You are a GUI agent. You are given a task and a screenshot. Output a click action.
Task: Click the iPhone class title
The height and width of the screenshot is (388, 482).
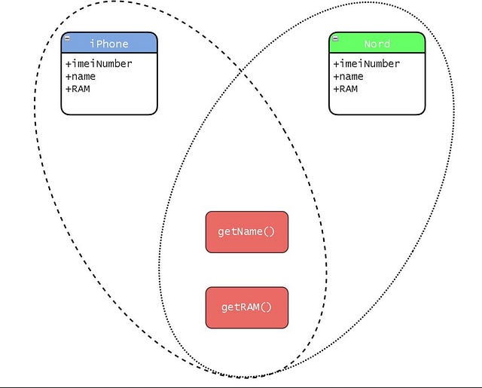tap(109, 44)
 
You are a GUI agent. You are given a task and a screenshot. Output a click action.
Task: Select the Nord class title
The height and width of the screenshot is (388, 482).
tap(377, 44)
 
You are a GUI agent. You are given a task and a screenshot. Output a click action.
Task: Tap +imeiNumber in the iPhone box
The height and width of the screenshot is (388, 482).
tap(99, 64)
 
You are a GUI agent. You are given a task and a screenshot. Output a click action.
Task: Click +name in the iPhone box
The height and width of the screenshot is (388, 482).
tap(81, 77)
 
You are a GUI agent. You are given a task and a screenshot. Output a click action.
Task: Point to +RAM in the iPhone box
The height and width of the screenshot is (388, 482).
tap(78, 89)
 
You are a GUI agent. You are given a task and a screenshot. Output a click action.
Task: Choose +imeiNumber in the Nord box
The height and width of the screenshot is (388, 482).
tap(367, 64)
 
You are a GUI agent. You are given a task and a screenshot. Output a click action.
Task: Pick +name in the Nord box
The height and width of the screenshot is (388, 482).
tap(349, 77)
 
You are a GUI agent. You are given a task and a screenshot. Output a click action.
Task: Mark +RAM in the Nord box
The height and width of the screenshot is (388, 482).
tap(346, 89)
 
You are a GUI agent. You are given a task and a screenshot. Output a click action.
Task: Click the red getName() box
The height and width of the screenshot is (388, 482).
tap(247, 232)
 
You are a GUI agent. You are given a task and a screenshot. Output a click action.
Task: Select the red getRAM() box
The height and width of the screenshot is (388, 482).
tap(247, 307)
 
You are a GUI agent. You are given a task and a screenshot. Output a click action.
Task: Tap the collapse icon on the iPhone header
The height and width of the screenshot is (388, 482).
tap(68, 38)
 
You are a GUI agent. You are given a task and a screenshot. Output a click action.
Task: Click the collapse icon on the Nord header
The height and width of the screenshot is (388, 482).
tap(335, 38)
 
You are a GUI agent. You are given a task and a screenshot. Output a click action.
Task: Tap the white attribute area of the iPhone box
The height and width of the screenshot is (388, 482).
tap(109, 102)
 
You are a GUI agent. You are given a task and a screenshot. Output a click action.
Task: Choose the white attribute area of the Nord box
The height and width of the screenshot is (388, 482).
tap(377, 102)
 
